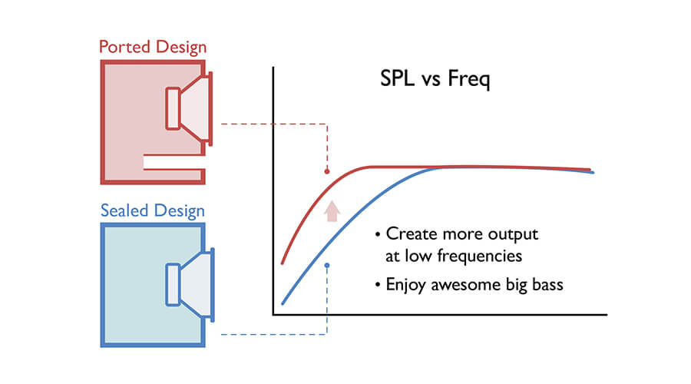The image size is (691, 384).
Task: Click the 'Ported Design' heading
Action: coord(153,47)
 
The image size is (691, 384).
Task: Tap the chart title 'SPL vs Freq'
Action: coord(435,80)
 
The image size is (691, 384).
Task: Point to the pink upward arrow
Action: coord(332,210)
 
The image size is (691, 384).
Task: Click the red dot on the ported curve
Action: coord(328,170)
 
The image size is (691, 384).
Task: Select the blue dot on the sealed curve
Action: coord(328,266)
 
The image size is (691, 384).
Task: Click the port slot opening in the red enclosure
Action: coord(174,161)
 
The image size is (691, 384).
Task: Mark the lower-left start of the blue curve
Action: coord(283,303)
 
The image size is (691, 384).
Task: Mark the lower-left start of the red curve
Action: coord(283,263)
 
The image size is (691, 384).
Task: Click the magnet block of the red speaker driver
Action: coord(172,108)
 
